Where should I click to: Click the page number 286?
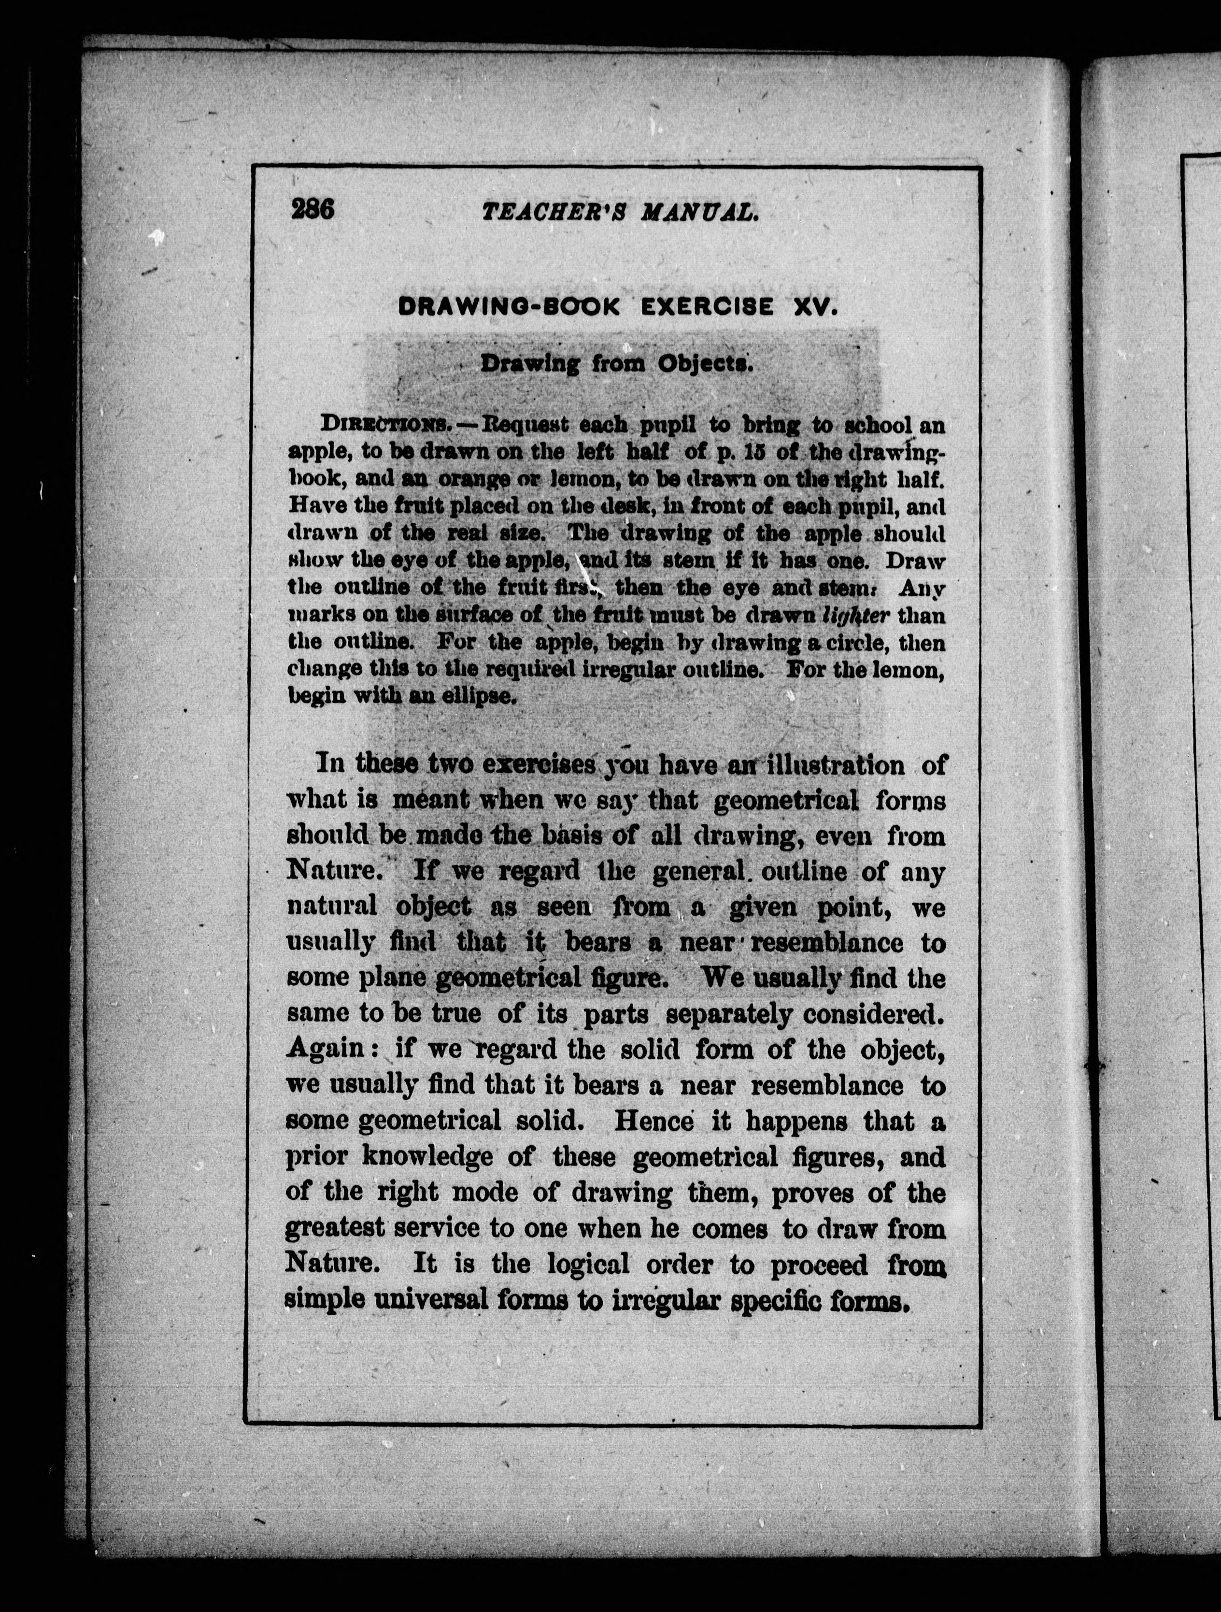[312, 209]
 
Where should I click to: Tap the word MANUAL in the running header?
[700, 212]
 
